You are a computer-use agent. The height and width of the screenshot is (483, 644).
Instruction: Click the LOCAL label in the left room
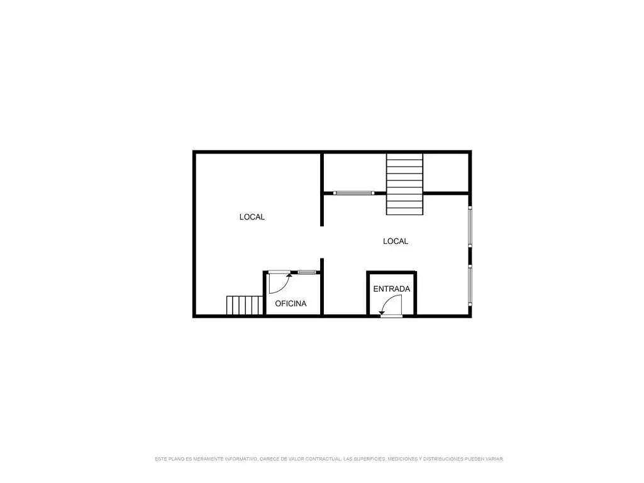tap(252, 217)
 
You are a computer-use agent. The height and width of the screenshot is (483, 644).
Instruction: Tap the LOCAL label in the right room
tap(396, 241)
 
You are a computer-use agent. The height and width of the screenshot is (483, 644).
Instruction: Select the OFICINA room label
tap(291, 304)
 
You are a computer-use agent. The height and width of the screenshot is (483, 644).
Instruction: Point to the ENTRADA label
tap(391, 289)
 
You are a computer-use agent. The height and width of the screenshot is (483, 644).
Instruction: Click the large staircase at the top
tap(404, 184)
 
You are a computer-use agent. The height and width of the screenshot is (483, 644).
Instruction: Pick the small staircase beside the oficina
tap(245, 305)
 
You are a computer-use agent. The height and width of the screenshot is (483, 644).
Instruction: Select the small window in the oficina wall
tap(307, 272)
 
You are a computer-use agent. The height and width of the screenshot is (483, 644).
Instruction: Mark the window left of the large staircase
tap(353, 192)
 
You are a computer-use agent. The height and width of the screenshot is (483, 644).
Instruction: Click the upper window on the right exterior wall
tap(470, 226)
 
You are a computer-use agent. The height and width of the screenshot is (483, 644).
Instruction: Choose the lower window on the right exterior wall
tap(470, 285)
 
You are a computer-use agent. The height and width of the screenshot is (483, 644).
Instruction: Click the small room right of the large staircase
tap(446, 172)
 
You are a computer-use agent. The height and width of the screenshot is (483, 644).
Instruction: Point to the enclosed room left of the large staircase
tap(355, 172)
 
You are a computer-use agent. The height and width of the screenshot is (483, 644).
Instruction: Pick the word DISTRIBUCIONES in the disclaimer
tap(443, 458)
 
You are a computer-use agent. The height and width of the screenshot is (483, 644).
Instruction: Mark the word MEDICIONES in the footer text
tap(403, 458)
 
